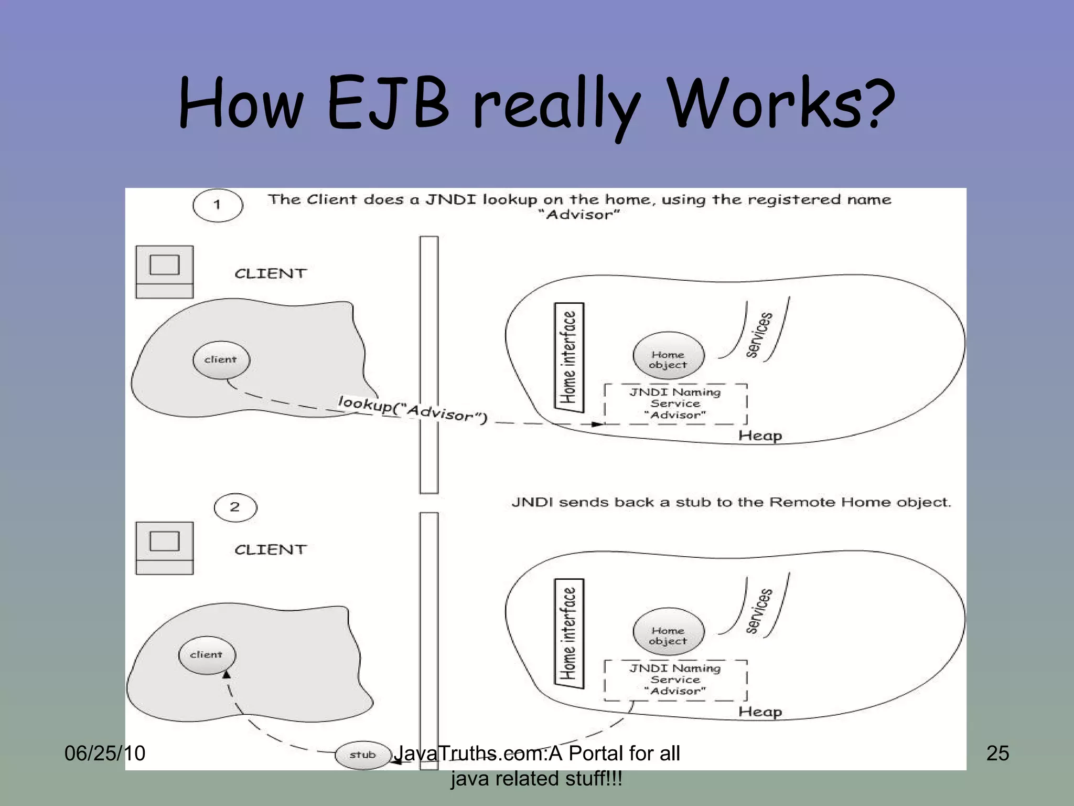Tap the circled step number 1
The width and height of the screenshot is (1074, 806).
[x=218, y=205]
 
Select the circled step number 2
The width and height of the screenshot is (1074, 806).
[x=235, y=507]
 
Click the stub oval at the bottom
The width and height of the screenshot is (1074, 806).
[x=363, y=755]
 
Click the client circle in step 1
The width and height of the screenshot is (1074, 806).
[x=221, y=359]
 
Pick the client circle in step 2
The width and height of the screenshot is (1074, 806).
[x=207, y=654]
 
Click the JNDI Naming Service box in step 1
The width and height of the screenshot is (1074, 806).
[x=675, y=404]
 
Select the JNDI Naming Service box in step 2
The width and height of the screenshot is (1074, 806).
[x=675, y=680]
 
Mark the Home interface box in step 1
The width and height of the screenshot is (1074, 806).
[x=569, y=357]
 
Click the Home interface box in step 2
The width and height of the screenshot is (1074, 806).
[x=569, y=633]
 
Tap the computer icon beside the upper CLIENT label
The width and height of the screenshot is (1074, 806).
[x=165, y=271]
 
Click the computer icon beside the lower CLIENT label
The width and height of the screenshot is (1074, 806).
[x=165, y=547]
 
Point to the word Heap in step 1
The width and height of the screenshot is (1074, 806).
[x=760, y=436]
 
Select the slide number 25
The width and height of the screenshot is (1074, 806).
[x=997, y=753]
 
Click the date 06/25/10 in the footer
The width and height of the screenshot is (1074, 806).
[x=105, y=753]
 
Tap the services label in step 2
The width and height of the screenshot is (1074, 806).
[x=759, y=611]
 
